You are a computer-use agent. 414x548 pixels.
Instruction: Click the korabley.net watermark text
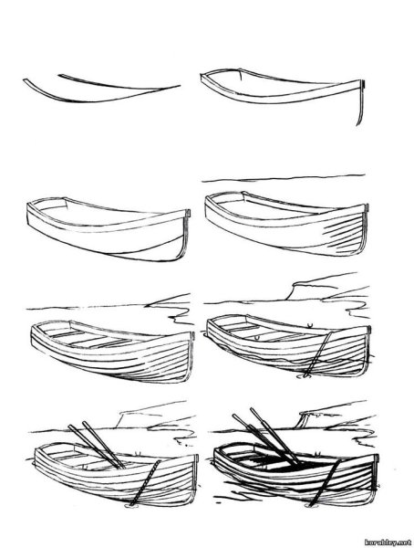(388, 542)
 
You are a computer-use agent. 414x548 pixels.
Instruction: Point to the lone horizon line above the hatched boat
(284, 179)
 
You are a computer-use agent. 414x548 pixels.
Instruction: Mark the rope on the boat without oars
(317, 353)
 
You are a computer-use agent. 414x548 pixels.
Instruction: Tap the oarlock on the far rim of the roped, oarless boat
(309, 326)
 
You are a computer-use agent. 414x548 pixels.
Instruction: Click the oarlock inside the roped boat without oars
(257, 338)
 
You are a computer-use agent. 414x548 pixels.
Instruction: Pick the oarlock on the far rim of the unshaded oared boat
(139, 454)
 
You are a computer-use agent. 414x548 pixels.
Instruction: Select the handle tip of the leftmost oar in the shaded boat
(233, 416)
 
